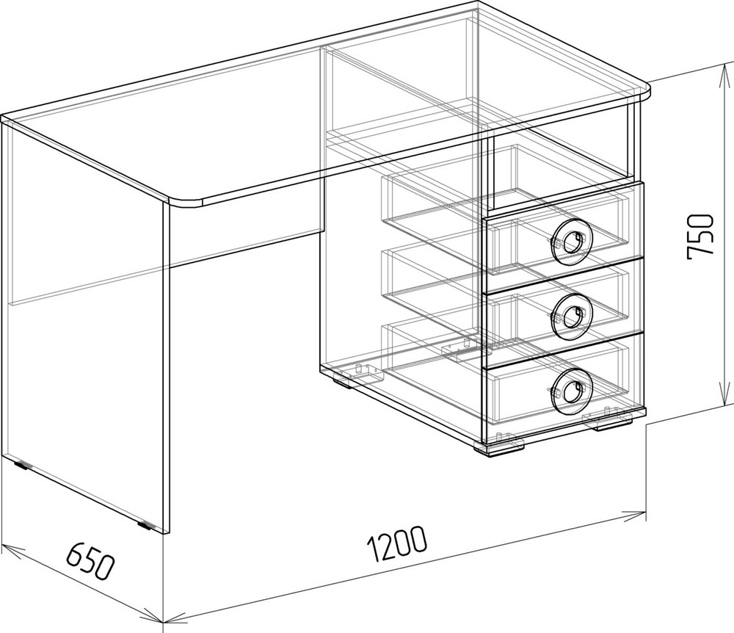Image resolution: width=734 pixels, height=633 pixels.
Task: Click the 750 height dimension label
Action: click(x=701, y=237)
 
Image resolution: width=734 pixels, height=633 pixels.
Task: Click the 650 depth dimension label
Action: click(x=90, y=561)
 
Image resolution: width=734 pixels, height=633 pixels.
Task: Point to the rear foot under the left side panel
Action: click(x=21, y=465)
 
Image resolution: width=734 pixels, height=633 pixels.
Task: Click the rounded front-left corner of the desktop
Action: click(x=185, y=202)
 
